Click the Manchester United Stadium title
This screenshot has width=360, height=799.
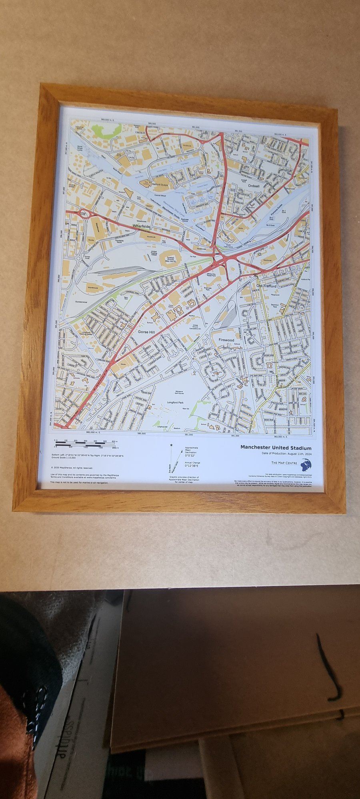pyautogui.click(x=276, y=448)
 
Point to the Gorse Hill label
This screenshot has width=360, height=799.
pyautogui.click(x=146, y=332)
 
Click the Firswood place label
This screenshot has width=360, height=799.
pyautogui.click(x=226, y=340)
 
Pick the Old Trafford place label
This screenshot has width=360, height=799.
pyautogui.click(x=266, y=286)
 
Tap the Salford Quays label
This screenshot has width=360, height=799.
pyautogui.click(x=159, y=185)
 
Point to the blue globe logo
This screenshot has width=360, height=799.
pyautogui.click(x=306, y=464)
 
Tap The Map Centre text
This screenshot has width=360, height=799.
pyautogui.click(x=284, y=463)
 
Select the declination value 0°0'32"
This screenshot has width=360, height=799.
pyautogui.click(x=190, y=455)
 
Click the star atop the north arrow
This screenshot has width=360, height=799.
pyautogui.click(x=172, y=445)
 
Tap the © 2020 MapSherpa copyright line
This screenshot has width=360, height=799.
pyautogui.click(x=72, y=467)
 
